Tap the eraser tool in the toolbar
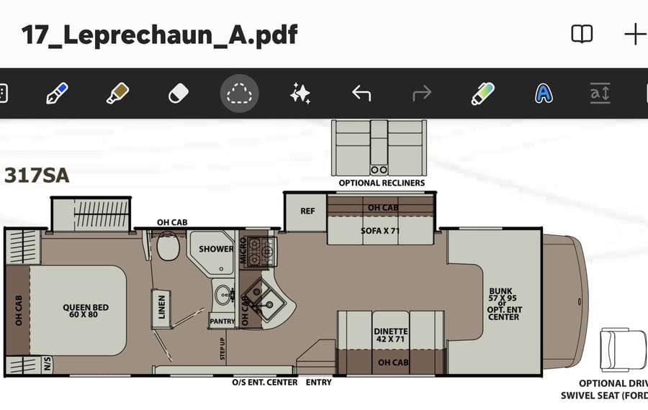tap(179, 94)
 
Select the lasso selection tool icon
tap(239, 94)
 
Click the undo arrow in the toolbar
tap(361, 94)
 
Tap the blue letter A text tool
tap(544, 94)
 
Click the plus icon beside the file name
tap(635, 35)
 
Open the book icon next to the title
tap(582, 35)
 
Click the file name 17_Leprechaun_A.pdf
tap(160, 35)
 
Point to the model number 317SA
tap(37, 176)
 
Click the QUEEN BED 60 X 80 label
tap(86, 311)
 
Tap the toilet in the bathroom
tap(168, 246)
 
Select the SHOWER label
tap(216, 249)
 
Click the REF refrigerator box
tap(307, 211)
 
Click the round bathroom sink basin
tap(224, 295)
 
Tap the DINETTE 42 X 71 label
tap(390, 335)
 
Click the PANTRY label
tap(222, 322)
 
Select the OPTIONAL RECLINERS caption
tap(382, 183)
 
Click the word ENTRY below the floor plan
tap(319, 383)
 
